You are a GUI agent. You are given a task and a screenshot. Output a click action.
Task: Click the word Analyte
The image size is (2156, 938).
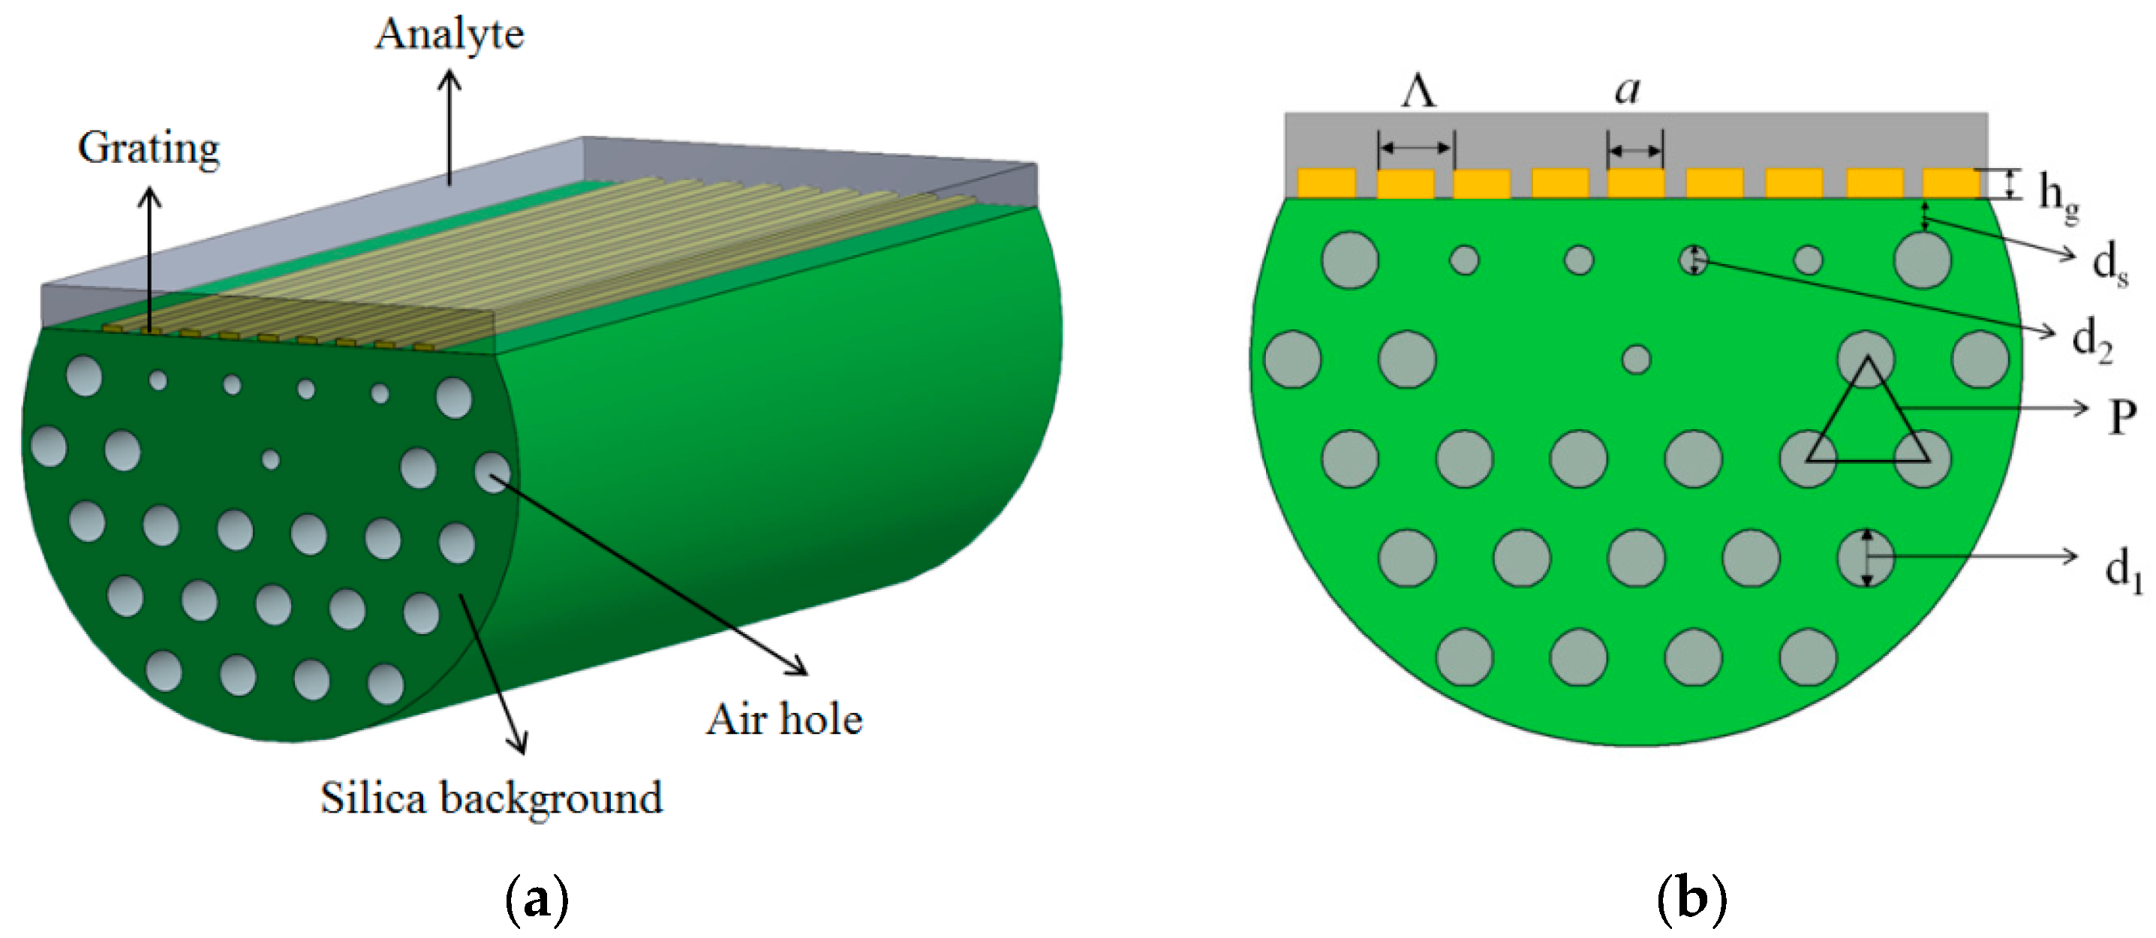pos(450,35)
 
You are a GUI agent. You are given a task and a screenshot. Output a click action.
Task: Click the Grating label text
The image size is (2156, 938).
pos(149,149)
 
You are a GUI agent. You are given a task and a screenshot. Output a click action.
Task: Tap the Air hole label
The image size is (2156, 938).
pos(784,720)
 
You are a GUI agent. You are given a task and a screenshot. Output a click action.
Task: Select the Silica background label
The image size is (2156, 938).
pos(492,798)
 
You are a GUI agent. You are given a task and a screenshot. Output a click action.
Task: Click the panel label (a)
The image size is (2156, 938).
pos(537,900)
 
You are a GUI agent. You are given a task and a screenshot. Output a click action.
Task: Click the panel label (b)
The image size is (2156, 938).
pos(1691,900)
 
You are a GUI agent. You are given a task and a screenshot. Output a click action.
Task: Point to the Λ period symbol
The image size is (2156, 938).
pos(1418,92)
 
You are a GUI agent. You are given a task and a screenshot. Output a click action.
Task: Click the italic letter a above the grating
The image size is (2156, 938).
pos(1628,89)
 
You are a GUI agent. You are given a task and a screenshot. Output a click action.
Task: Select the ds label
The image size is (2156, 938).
pos(2109,263)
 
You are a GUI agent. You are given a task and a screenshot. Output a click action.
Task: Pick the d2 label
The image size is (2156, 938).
pos(2091,339)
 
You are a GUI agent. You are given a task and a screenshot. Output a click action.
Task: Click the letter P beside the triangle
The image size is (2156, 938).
pos(2121,416)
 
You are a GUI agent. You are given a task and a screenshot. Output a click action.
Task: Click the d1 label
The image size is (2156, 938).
pos(2122,570)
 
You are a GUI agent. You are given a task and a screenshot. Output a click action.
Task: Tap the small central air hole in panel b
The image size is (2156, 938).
pos(1635,359)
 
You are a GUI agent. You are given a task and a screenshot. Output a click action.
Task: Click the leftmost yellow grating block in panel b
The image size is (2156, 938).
pos(1326,183)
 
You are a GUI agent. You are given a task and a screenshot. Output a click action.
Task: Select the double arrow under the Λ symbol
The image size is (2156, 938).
pos(1415,148)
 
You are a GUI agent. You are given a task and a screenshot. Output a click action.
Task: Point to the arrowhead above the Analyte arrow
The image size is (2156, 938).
pos(450,78)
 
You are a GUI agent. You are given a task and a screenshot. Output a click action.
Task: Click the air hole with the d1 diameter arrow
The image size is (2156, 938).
pos(1866,558)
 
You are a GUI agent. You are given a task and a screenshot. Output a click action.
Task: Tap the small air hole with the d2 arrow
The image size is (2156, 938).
pos(1693,260)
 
